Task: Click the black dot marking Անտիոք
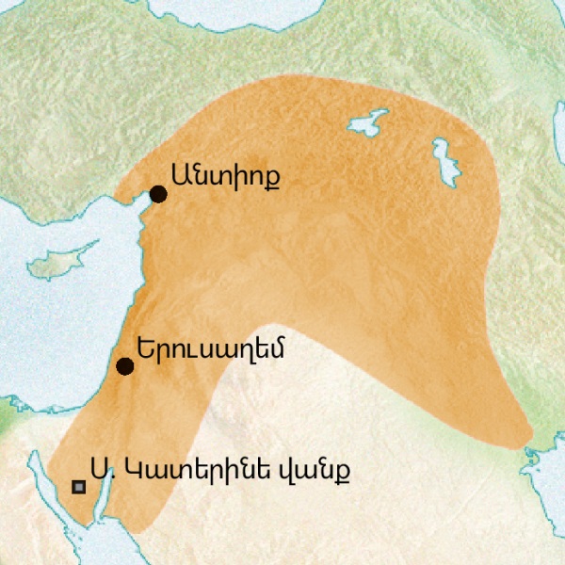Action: [158, 194]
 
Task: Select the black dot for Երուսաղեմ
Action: [123, 366]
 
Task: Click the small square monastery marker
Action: [79, 487]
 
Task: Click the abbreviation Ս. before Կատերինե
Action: [100, 468]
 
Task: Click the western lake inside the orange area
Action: [369, 122]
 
